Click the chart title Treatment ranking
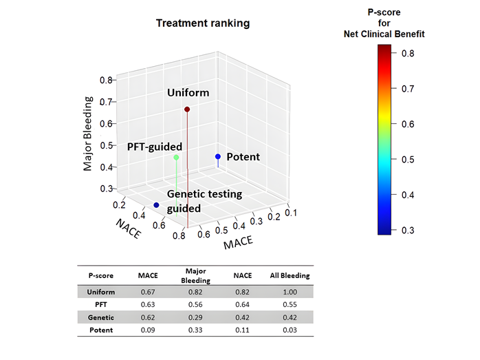[203, 23]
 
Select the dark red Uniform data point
[187, 109]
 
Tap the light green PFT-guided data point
[176, 158]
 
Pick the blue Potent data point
[218, 157]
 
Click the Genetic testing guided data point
[157, 205]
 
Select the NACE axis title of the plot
[129, 230]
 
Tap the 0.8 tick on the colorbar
[408, 53]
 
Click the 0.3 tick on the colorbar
[408, 230]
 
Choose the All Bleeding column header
[289, 275]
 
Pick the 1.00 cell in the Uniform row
[289, 292]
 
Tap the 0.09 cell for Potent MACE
[148, 330]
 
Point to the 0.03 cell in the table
[289, 330]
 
